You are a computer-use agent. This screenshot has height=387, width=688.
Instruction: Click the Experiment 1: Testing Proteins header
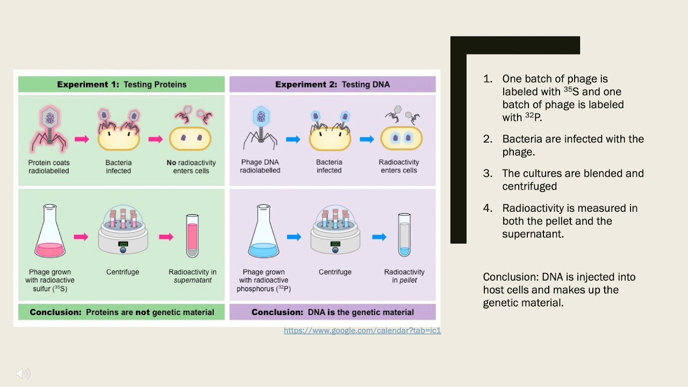pos(121,84)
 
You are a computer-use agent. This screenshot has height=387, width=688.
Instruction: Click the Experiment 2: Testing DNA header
pos(332,84)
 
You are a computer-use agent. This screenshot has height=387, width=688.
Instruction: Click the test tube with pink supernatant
pos(192,236)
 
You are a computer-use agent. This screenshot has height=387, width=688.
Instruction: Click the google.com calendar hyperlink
pos(362,331)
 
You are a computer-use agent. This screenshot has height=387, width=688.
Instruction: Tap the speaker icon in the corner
pos(23,373)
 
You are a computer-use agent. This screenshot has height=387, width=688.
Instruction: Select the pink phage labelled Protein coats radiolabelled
pos(49,129)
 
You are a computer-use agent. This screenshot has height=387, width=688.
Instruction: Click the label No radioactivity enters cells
pos(191,167)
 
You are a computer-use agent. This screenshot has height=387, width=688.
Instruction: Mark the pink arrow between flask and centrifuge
pos(81,236)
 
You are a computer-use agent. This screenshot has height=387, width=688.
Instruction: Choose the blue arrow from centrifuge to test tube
pos(379,236)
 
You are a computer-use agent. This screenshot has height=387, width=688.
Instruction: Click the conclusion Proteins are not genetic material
pos(121,312)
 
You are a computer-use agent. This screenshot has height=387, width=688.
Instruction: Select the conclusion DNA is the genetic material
pos(332,312)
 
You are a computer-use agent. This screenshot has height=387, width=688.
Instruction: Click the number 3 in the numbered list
pos(488,174)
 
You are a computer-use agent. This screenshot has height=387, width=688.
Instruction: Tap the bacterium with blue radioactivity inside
pos(402,138)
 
